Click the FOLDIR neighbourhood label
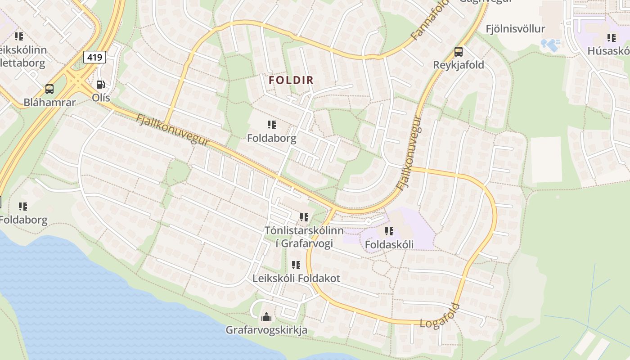[x=291, y=80]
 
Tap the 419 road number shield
[x=94, y=57]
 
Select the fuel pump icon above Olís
[x=101, y=85]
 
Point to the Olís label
[x=101, y=97]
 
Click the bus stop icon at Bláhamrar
[x=49, y=89]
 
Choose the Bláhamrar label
[x=49, y=102]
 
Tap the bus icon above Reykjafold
[x=459, y=52]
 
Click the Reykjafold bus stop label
[x=459, y=65]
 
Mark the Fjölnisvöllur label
[x=515, y=29]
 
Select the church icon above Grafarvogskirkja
[x=266, y=317]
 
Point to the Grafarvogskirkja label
[x=266, y=330]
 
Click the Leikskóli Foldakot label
[x=296, y=278]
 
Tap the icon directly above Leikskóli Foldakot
[x=296, y=265]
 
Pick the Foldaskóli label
[x=389, y=244]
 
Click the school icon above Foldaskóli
[x=389, y=231]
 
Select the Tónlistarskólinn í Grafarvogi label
[x=304, y=237]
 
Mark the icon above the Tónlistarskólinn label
[x=304, y=217]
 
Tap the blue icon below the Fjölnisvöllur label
[x=551, y=45]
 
